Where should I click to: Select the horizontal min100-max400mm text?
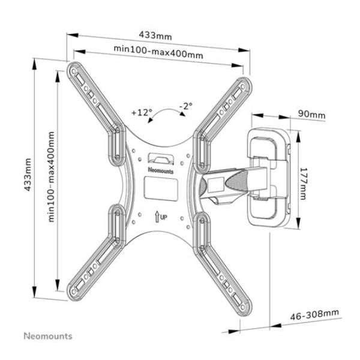click(x=158, y=53)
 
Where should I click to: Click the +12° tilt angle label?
click(x=143, y=112)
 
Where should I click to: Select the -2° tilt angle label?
click(x=186, y=107)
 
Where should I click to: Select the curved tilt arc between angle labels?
click(x=163, y=117)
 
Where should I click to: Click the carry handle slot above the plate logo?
click(x=159, y=158)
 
